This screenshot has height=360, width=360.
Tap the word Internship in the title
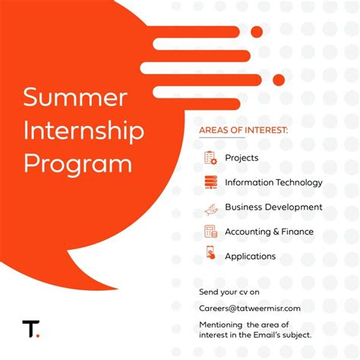tap(84, 131)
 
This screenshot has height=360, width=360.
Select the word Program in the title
tap(77, 163)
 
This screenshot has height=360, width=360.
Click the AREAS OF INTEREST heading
tap(243, 130)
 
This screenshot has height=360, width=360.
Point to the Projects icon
tap(210, 158)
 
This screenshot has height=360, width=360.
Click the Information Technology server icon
tap(210, 182)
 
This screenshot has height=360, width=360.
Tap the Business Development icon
tap(210, 207)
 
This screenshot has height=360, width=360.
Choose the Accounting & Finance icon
tap(210, 232)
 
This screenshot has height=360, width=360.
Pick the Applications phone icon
tap(210, 255)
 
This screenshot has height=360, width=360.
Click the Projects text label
tap(242, 158)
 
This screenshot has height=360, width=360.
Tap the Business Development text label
tap(273, 207)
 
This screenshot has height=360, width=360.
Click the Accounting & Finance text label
tap(269, 232)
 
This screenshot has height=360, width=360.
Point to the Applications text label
tap(250, 256)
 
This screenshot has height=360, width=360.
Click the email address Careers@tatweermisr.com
tap(250, 308)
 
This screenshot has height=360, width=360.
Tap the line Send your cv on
tap(229, 291)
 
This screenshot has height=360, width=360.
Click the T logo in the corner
tap(30, 329)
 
